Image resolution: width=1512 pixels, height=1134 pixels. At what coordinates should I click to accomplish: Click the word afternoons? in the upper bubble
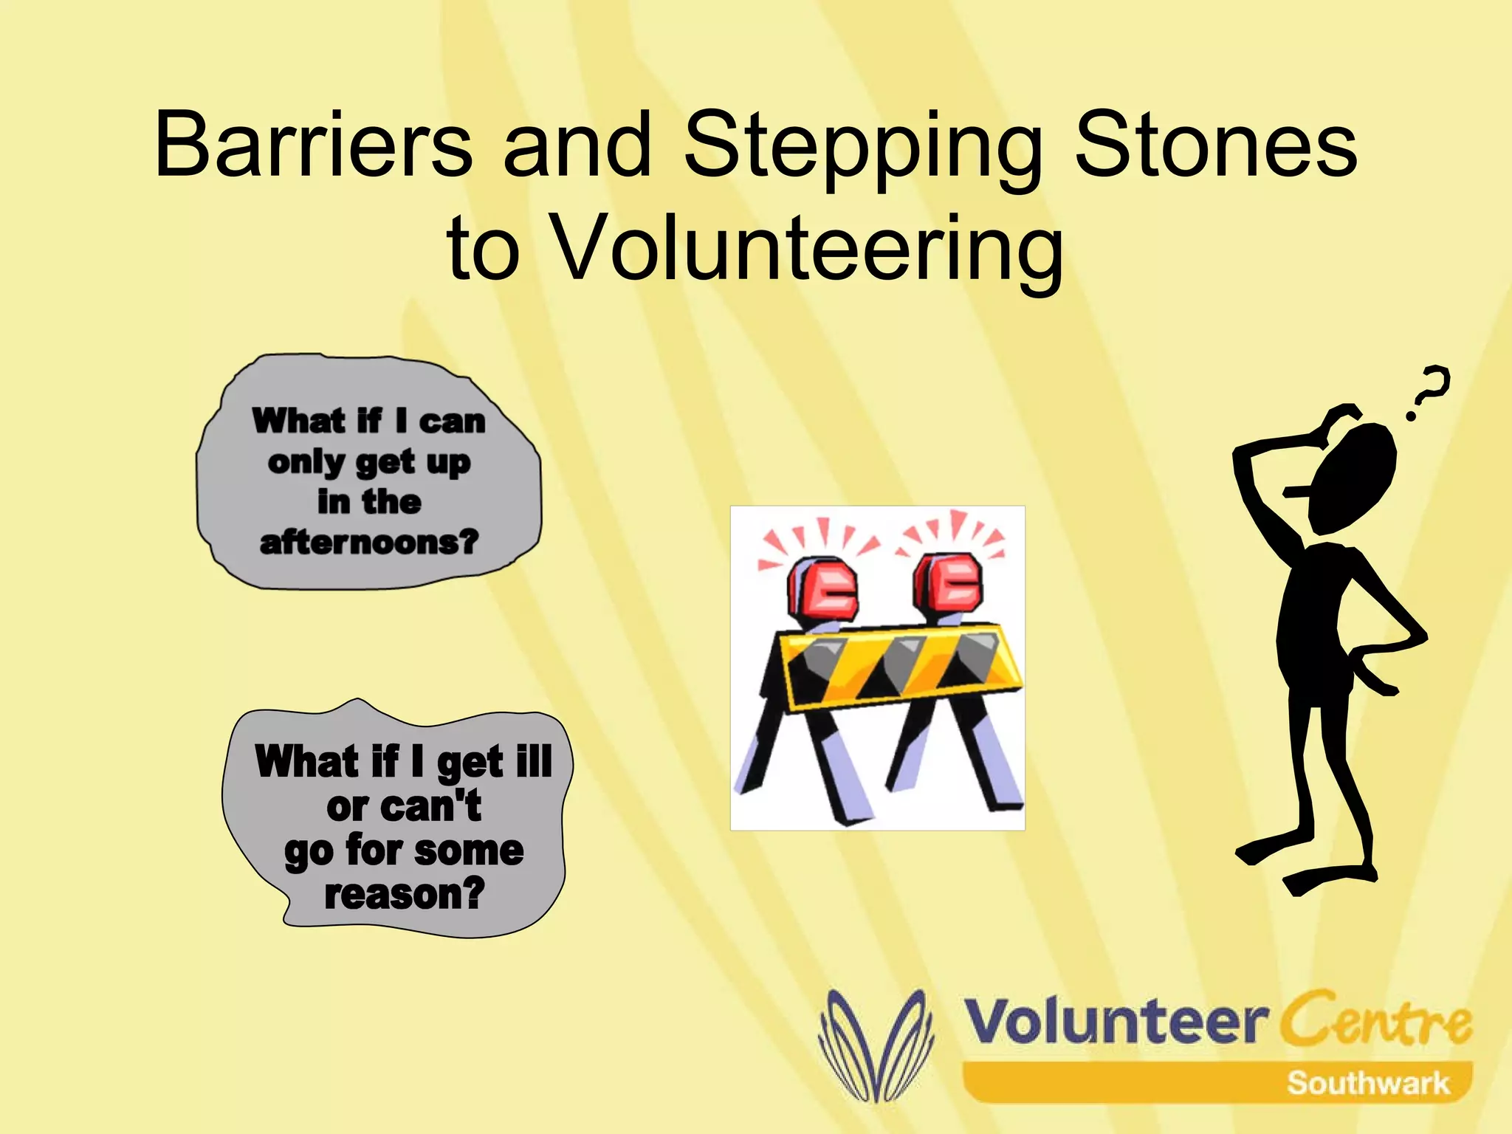(x=369, y=543)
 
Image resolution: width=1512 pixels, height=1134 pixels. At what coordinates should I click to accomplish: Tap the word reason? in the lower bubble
(x=405, y=894)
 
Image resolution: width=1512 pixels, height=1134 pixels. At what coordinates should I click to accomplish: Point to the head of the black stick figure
(x=1355, y=476)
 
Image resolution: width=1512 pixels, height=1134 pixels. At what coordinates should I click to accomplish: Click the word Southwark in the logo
(x=1367, y=1083)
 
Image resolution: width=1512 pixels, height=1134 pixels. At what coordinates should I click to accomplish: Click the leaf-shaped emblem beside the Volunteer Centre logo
(x=876, y=1045)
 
